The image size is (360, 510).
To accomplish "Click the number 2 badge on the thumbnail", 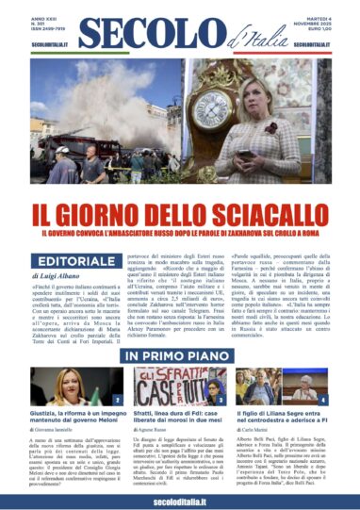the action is click(x=116, y=400).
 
